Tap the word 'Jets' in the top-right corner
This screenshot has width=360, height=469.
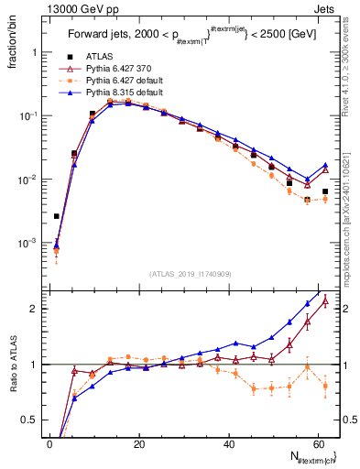pos(325,7)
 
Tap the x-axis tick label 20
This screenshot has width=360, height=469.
pos(139,444)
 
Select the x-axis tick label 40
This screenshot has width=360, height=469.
pos(228,444)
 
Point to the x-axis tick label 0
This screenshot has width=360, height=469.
pos(50,444)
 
